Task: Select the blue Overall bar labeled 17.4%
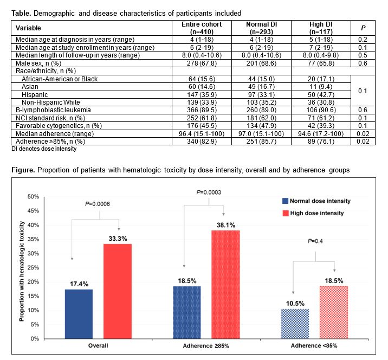click(79, 314)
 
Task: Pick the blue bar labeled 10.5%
click(294, 324)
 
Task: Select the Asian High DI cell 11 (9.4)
click(318, 86)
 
